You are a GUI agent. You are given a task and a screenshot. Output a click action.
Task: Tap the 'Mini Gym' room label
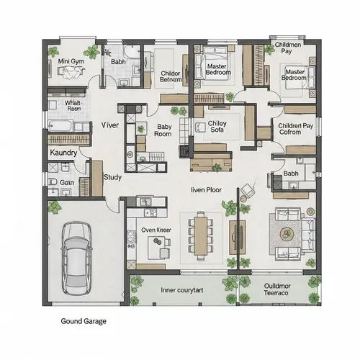[71, 61]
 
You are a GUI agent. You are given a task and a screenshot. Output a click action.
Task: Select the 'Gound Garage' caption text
[84, 321]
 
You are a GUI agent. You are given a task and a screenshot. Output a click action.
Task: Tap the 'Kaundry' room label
[63, 153]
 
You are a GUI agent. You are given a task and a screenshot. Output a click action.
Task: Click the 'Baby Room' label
[163, 130]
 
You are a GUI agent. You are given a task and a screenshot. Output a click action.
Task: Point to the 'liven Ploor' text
[205, 190]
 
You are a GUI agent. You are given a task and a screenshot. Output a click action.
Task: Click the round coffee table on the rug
[287, 233]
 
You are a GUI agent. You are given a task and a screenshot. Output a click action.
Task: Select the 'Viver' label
[110, 125]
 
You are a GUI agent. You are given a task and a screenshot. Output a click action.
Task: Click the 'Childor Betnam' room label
[171, 76]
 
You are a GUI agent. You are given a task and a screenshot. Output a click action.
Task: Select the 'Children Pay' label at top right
[289, 48]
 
